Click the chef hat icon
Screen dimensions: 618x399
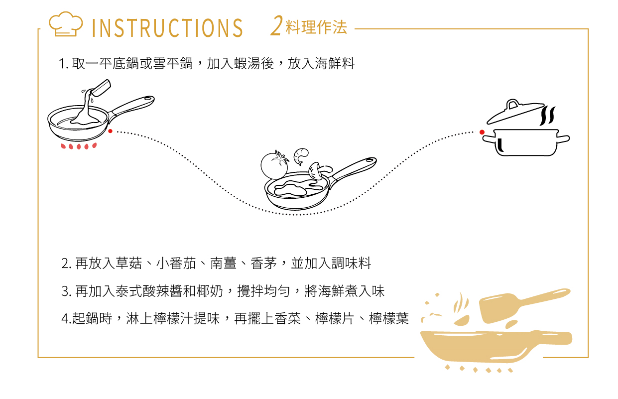[x=66, y=24]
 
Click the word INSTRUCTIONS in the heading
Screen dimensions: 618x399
[x=167, y=28]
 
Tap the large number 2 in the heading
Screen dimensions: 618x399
[x=276, y=26]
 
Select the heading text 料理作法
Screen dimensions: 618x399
[x=316, y=27]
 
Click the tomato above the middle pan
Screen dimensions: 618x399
[x=274, y=165]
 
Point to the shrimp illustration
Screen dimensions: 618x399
[x=301, y=156]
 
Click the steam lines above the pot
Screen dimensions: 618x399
[x=547, y=116]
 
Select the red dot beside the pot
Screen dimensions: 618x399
[x=482, y=132]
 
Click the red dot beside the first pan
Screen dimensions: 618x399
[x=110, y=131]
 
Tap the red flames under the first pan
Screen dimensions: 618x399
[x=79, y=146]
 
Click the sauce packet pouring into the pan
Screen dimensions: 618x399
[x=101, y=88]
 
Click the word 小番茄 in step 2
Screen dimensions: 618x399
[x=176, y=263]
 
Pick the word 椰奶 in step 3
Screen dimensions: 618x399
[x=210, y=291]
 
